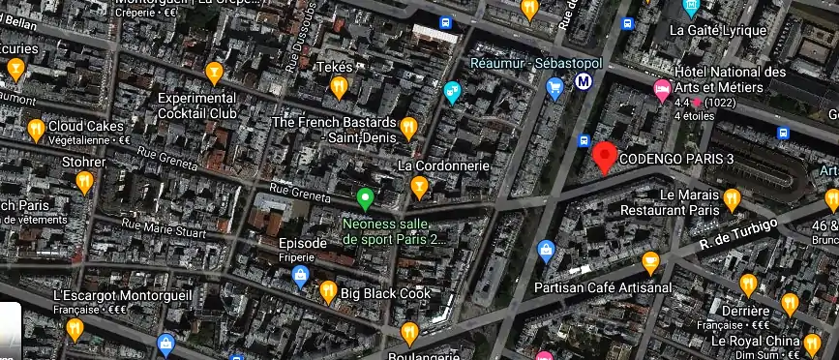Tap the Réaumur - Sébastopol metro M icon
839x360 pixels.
click(584, 84)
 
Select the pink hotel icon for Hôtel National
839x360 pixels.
click(662, 91)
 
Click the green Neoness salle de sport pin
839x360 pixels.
click(365, 199)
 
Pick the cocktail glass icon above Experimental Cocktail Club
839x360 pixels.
click(214, 73)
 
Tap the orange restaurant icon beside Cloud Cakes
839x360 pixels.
click(36, 128)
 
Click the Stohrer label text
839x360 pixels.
click(82, 161)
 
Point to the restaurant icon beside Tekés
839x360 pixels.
click(339, 87)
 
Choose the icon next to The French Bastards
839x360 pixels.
click(408, 127)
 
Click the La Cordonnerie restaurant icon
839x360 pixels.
click(419, 186)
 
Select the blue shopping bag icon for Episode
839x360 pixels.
click(300, 277)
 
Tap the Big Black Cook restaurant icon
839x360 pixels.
click(328, 290)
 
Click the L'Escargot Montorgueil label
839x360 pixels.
click(110, 294)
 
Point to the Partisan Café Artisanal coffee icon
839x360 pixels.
click(651, 262)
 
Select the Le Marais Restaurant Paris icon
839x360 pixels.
click(733, 199)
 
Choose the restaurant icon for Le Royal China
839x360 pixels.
click(812, 344)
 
